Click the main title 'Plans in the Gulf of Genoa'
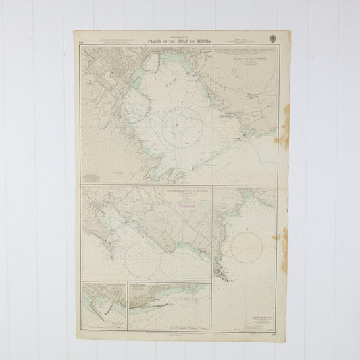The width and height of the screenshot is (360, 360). pos(180,42)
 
